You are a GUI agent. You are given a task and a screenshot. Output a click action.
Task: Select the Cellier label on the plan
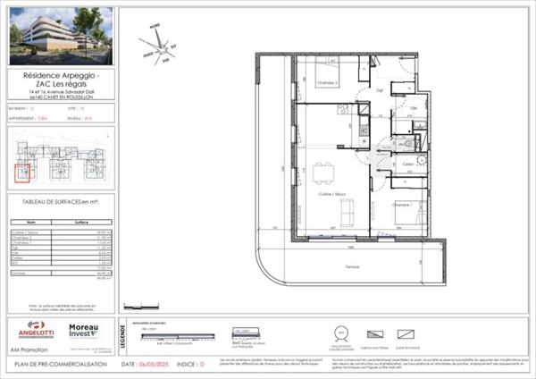coord(407,164)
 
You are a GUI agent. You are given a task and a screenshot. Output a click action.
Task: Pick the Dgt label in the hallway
coord(379,90)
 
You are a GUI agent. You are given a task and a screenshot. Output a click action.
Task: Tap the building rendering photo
coord(60,37)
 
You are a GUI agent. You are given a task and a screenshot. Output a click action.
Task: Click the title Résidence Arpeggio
coord(61,76)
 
